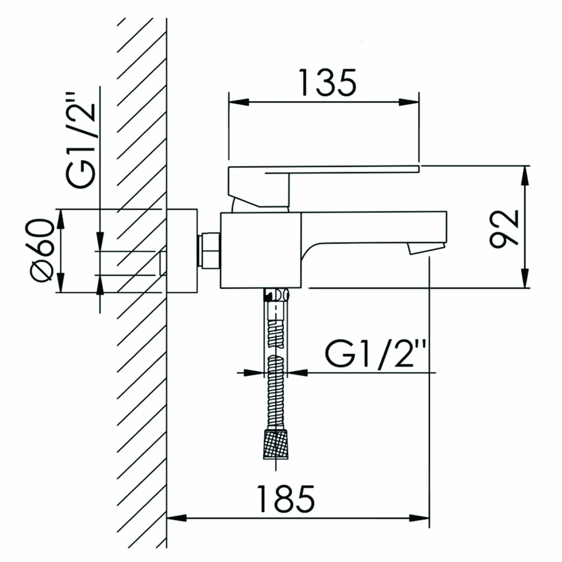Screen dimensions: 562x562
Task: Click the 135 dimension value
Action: coord(328,83)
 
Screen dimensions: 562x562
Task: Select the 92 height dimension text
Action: coord(504,229)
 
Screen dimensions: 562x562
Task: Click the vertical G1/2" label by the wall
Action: coord(81,141)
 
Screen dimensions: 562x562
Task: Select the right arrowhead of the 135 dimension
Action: coord(409,102)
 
